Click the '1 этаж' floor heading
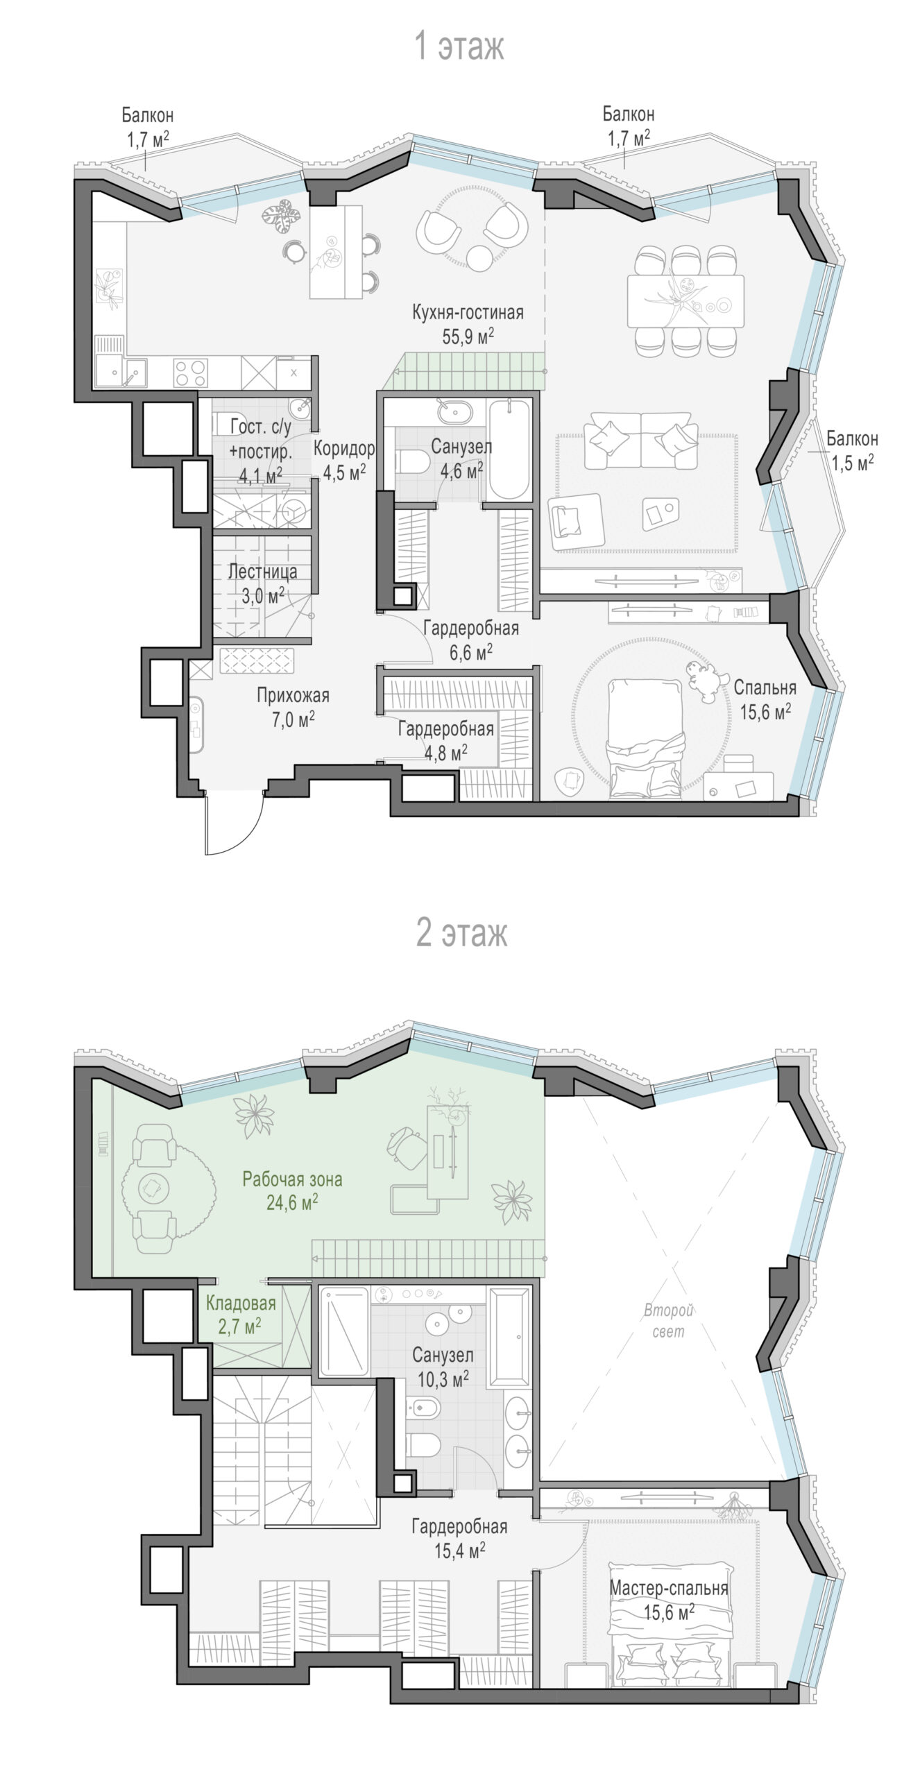coord(459,46)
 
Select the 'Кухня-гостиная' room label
coord(468,312)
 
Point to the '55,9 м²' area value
coord(468,336)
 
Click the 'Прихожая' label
coord(293,695)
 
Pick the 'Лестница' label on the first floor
coord(263,572)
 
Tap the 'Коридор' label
coord(344,449)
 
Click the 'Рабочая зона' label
coord(292,1179)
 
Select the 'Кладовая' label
coord(241,1304)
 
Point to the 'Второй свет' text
coord(669,1321)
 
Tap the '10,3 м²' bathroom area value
coord(443,1397)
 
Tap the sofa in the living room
coord(641,440)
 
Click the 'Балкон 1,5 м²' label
coord(851,451)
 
